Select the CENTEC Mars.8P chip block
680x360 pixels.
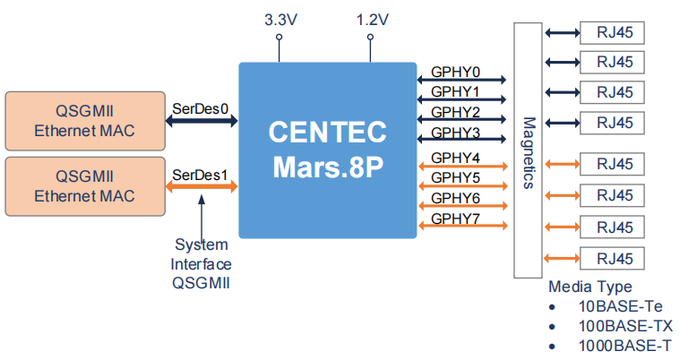(327, 150)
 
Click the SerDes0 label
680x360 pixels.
(201, 109)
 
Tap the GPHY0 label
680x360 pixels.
(455, 72)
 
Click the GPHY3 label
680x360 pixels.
(455, 133)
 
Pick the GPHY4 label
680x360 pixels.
(455, 158)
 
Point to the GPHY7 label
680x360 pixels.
(455, 219)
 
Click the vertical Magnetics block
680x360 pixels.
(528, 150)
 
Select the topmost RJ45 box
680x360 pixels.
(614, 33)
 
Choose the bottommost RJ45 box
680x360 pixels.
(614, 260)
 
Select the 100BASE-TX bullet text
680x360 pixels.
(625, 326)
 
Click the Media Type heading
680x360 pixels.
(590, 287)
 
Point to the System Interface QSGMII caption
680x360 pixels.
(202, 264)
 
